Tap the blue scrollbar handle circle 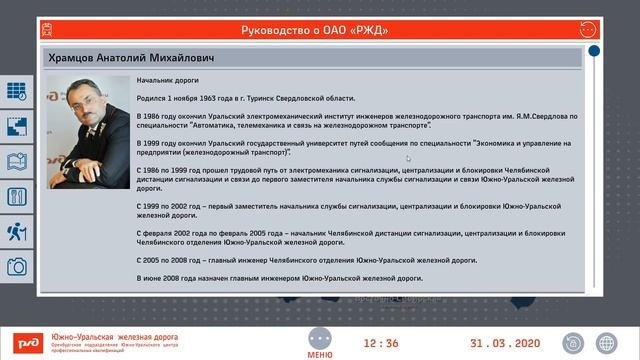(594, 51)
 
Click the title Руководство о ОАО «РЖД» (315, 30)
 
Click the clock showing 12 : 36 (380, 343)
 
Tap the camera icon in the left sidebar (17, 267)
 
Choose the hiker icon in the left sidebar (17, 232)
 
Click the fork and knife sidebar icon (17, 197)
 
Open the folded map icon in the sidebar (17, 161)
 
